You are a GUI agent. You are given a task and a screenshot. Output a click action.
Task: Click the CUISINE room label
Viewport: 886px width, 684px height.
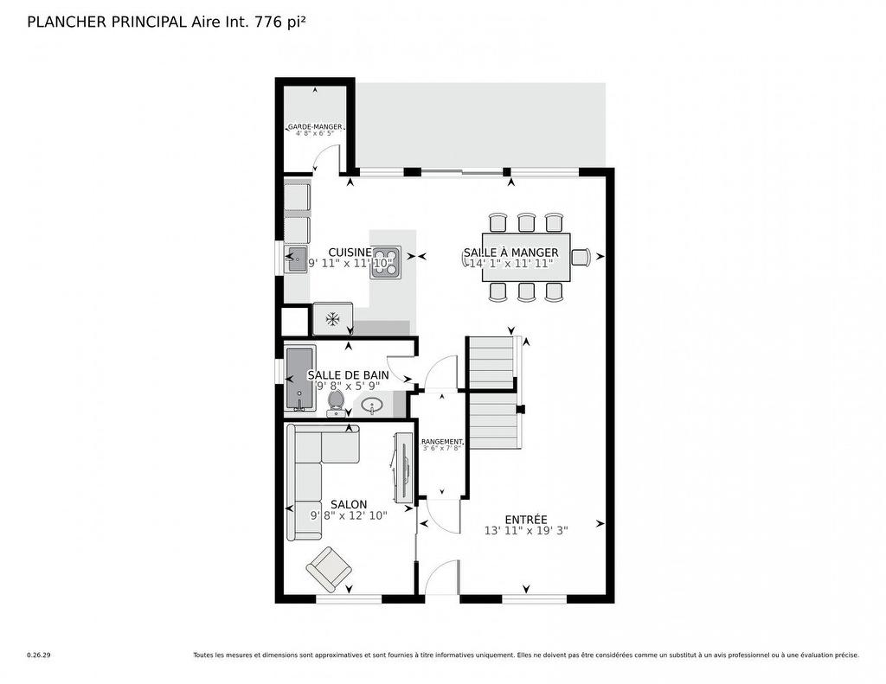tap(350, 252)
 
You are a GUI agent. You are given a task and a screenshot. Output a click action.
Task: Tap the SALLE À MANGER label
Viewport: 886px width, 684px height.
tap(510, 253)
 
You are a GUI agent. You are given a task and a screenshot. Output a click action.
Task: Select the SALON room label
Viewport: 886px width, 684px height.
tap(349, 504)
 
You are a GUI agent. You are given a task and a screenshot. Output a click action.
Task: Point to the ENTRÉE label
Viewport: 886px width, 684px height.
tap(526, 519)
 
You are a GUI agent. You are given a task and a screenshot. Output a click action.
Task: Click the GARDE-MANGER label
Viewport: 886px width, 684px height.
tap(315, 126)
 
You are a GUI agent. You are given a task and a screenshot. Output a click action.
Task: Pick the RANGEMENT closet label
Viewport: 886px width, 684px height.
tap(442, 441)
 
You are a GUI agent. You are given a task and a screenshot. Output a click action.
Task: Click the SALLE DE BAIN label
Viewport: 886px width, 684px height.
tap(348, 374)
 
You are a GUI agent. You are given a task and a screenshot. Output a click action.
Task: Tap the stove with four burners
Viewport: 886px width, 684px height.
tap(386, 262)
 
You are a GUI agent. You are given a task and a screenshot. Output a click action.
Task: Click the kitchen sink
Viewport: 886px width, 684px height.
tap(296, 258)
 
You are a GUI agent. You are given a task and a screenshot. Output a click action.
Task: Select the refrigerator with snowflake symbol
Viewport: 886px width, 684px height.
tap(332, 318)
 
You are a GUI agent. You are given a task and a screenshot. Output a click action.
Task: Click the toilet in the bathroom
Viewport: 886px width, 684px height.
tap(336, 402)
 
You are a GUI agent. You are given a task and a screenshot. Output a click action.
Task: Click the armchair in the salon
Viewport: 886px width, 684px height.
tap(329, 568)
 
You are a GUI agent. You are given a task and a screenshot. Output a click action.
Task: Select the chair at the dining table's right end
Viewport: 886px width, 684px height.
tap(580, 256)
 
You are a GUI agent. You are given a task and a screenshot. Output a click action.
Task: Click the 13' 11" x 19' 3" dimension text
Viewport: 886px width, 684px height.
tap(526, 531)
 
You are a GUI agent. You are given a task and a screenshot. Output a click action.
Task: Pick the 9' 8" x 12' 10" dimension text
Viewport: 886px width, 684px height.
tap(349, 515)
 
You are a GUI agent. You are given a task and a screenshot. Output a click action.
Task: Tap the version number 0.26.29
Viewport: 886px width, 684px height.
tap(39, 655)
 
